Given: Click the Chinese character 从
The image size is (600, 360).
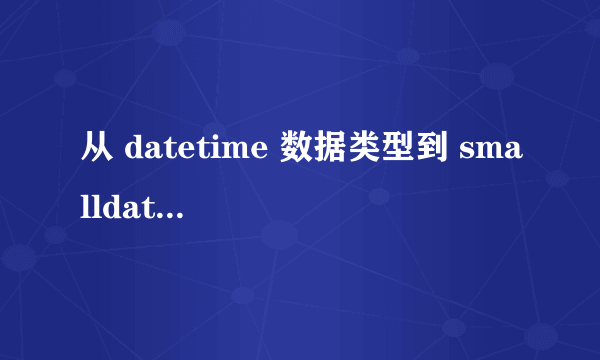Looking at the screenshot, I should (94, 150).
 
